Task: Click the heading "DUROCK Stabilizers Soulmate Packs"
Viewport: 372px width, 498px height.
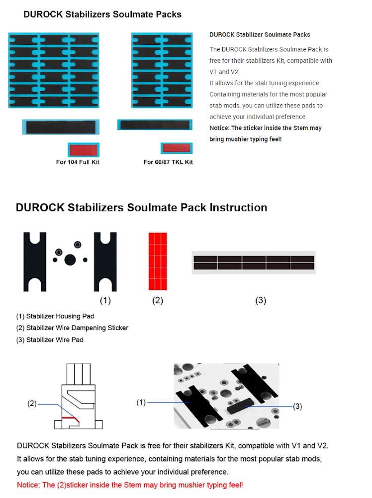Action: click(x=102, y=14)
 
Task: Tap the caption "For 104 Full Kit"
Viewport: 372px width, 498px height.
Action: click(x=78, y=162)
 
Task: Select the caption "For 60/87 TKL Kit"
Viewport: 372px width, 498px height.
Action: click(x=168, y=162)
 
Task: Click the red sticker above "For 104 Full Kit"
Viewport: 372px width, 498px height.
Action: click(x=84, y=149)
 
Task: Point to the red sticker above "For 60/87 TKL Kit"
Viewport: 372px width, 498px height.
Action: click(x=177, y=148)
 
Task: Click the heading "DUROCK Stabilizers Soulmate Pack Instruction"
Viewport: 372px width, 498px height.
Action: click(x=141, y=208)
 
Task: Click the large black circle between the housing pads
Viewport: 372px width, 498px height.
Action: click(x=70, y=259)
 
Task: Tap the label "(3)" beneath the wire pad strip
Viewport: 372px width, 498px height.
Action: click(x=261, y=300)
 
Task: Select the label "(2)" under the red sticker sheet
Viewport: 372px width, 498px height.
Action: click(x=157, y=300)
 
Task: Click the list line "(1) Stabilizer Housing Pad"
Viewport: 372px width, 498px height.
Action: click(x=55, y=316)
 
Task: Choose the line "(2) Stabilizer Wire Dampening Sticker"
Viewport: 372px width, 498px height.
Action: click(x=72, y=328)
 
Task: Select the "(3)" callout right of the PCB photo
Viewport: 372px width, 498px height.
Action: click(x=297, y=406)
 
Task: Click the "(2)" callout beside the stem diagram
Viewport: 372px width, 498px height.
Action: click(x=32, y=403)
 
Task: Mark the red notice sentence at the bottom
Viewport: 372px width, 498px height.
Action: click(x=130, y=485)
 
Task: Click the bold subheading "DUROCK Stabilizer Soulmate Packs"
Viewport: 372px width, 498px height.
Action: click(x=260, y=35)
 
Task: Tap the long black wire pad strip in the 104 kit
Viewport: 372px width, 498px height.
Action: click(x=60, y=127)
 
